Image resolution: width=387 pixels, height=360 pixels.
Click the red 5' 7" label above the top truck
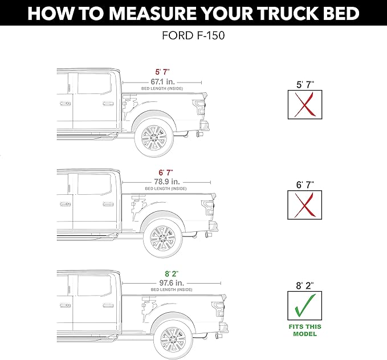(161, 73)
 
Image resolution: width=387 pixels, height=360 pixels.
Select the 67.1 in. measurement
(161, 81)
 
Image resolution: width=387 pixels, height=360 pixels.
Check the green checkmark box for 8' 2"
(305, 305)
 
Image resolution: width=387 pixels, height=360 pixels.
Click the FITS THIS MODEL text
(305, 330)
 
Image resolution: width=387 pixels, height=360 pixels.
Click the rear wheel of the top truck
(153, 137)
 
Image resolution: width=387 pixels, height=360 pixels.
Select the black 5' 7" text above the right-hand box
(305, 84)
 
